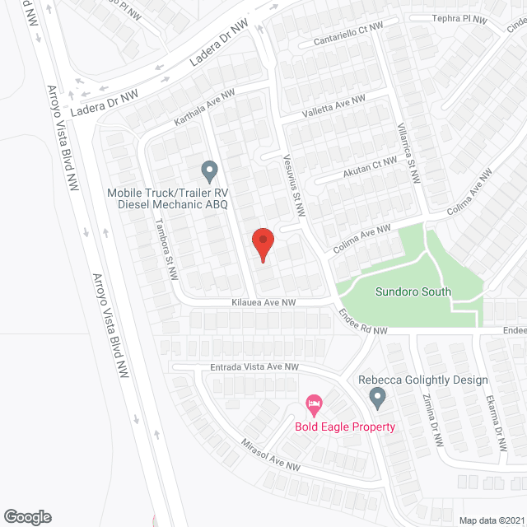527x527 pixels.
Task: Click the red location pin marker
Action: (x=262, y=245)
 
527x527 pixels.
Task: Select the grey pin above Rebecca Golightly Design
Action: (x=377, y=399)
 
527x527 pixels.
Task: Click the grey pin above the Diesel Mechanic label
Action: (x=209, y=171)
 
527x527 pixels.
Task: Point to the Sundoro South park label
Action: (x=413, y=291)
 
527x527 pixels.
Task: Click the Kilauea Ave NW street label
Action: (x=263, y=304)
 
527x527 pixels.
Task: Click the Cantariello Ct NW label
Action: (x=348, y=35)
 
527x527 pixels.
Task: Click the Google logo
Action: (x=26, y=516)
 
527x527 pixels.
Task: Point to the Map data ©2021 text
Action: (x=491, y=520)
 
